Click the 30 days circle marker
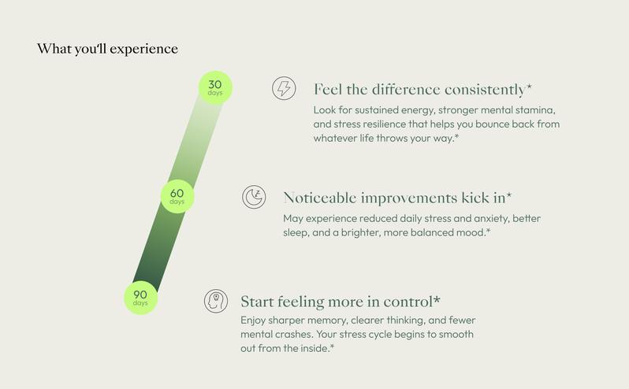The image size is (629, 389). click(215, 87)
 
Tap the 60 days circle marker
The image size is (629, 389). click(177, 196)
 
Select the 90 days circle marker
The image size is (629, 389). click(140, 298)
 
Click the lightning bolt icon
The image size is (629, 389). click(284, 88)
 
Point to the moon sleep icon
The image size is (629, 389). click(254, 197)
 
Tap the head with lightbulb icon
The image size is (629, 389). click(216, 301)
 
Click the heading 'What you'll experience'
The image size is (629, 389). click(107, 49)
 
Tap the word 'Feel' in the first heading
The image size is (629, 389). click(327, 89)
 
